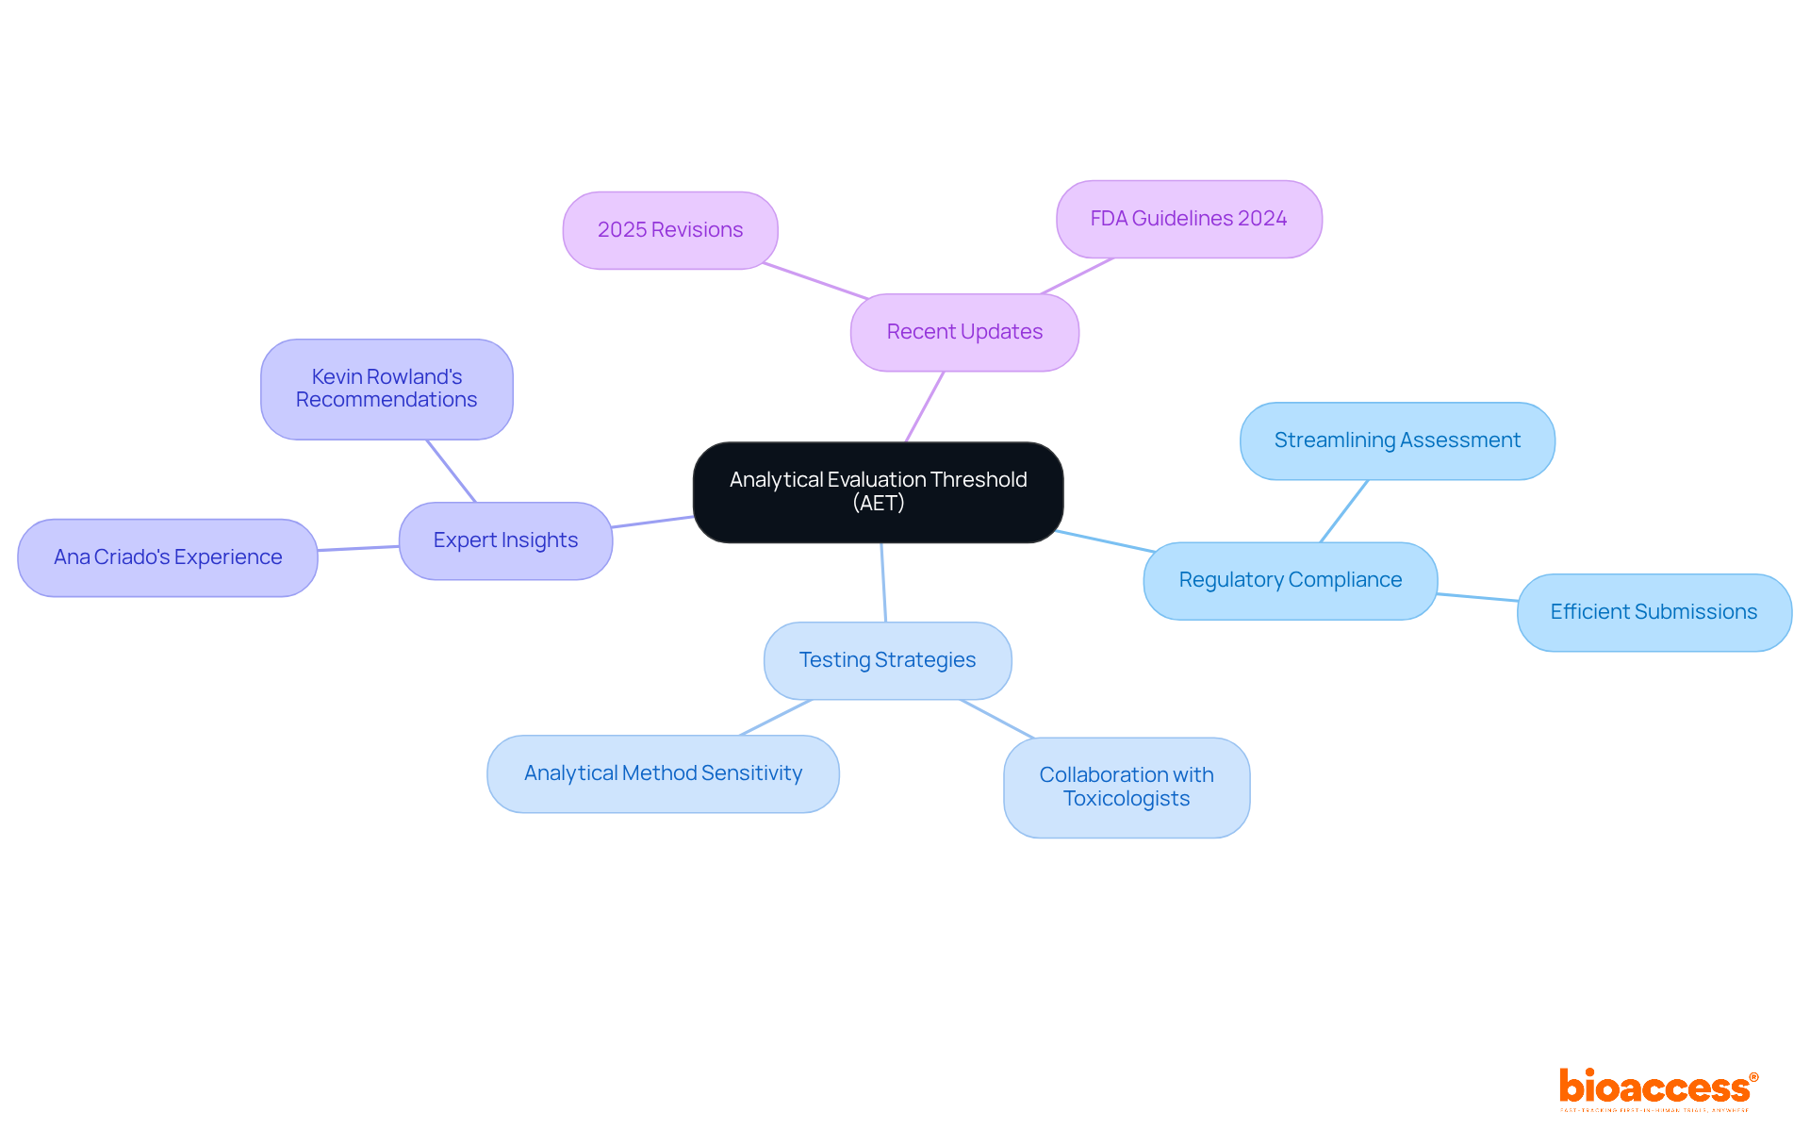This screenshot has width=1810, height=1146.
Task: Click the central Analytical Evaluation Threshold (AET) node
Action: [878, 491]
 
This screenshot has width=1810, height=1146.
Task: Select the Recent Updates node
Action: [964, 332]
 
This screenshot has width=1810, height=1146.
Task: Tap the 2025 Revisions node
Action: [670, 230]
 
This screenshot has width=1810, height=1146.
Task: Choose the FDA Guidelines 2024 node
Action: [1189, 219]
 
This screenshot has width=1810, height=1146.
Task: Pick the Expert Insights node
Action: [505, 540]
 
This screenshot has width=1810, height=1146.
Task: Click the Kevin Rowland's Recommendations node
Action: [387, 389]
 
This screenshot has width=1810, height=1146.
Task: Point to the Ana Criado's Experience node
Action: [168, 557]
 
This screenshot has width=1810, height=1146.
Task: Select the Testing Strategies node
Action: [887, 660]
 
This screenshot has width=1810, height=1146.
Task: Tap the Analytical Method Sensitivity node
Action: [663, 773]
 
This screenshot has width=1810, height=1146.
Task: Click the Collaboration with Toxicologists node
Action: [1127, 787]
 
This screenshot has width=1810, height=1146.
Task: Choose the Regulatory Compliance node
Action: [1290, 580]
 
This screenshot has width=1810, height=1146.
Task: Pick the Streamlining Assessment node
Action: [1397, 440]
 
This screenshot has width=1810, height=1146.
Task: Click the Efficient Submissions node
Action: [1654, 612]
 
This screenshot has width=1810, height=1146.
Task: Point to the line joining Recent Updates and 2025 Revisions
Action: [815, 281]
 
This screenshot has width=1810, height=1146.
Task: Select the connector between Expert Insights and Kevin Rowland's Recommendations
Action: [452, 471]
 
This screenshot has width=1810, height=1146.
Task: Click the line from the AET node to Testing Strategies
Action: [883, 582]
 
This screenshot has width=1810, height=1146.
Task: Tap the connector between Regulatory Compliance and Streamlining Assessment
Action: [1344, 510]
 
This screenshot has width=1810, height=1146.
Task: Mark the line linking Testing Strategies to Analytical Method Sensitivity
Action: [776, 718]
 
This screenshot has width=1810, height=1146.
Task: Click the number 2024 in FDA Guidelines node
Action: [1262, 219]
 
